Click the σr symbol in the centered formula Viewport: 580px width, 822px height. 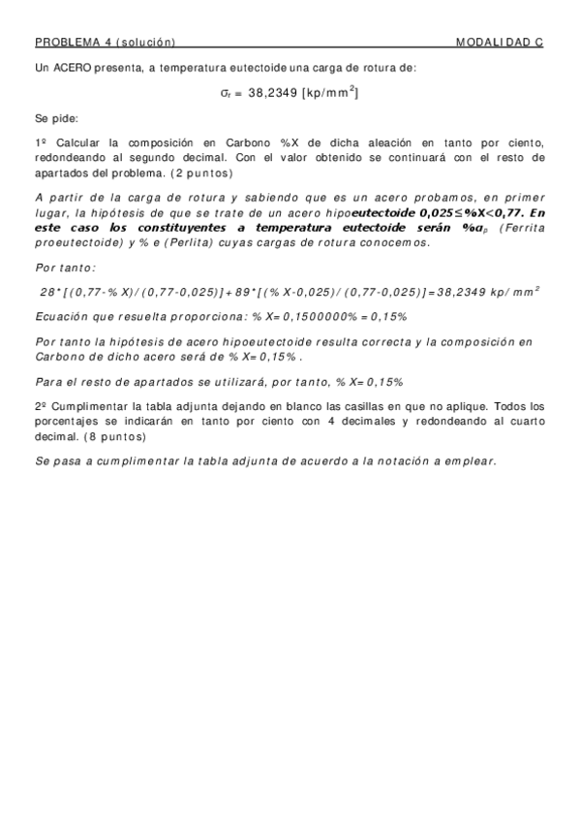(x=226, y=94)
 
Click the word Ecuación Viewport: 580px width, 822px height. (x=64, y=316)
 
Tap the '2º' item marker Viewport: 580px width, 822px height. (x=41, y=408)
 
